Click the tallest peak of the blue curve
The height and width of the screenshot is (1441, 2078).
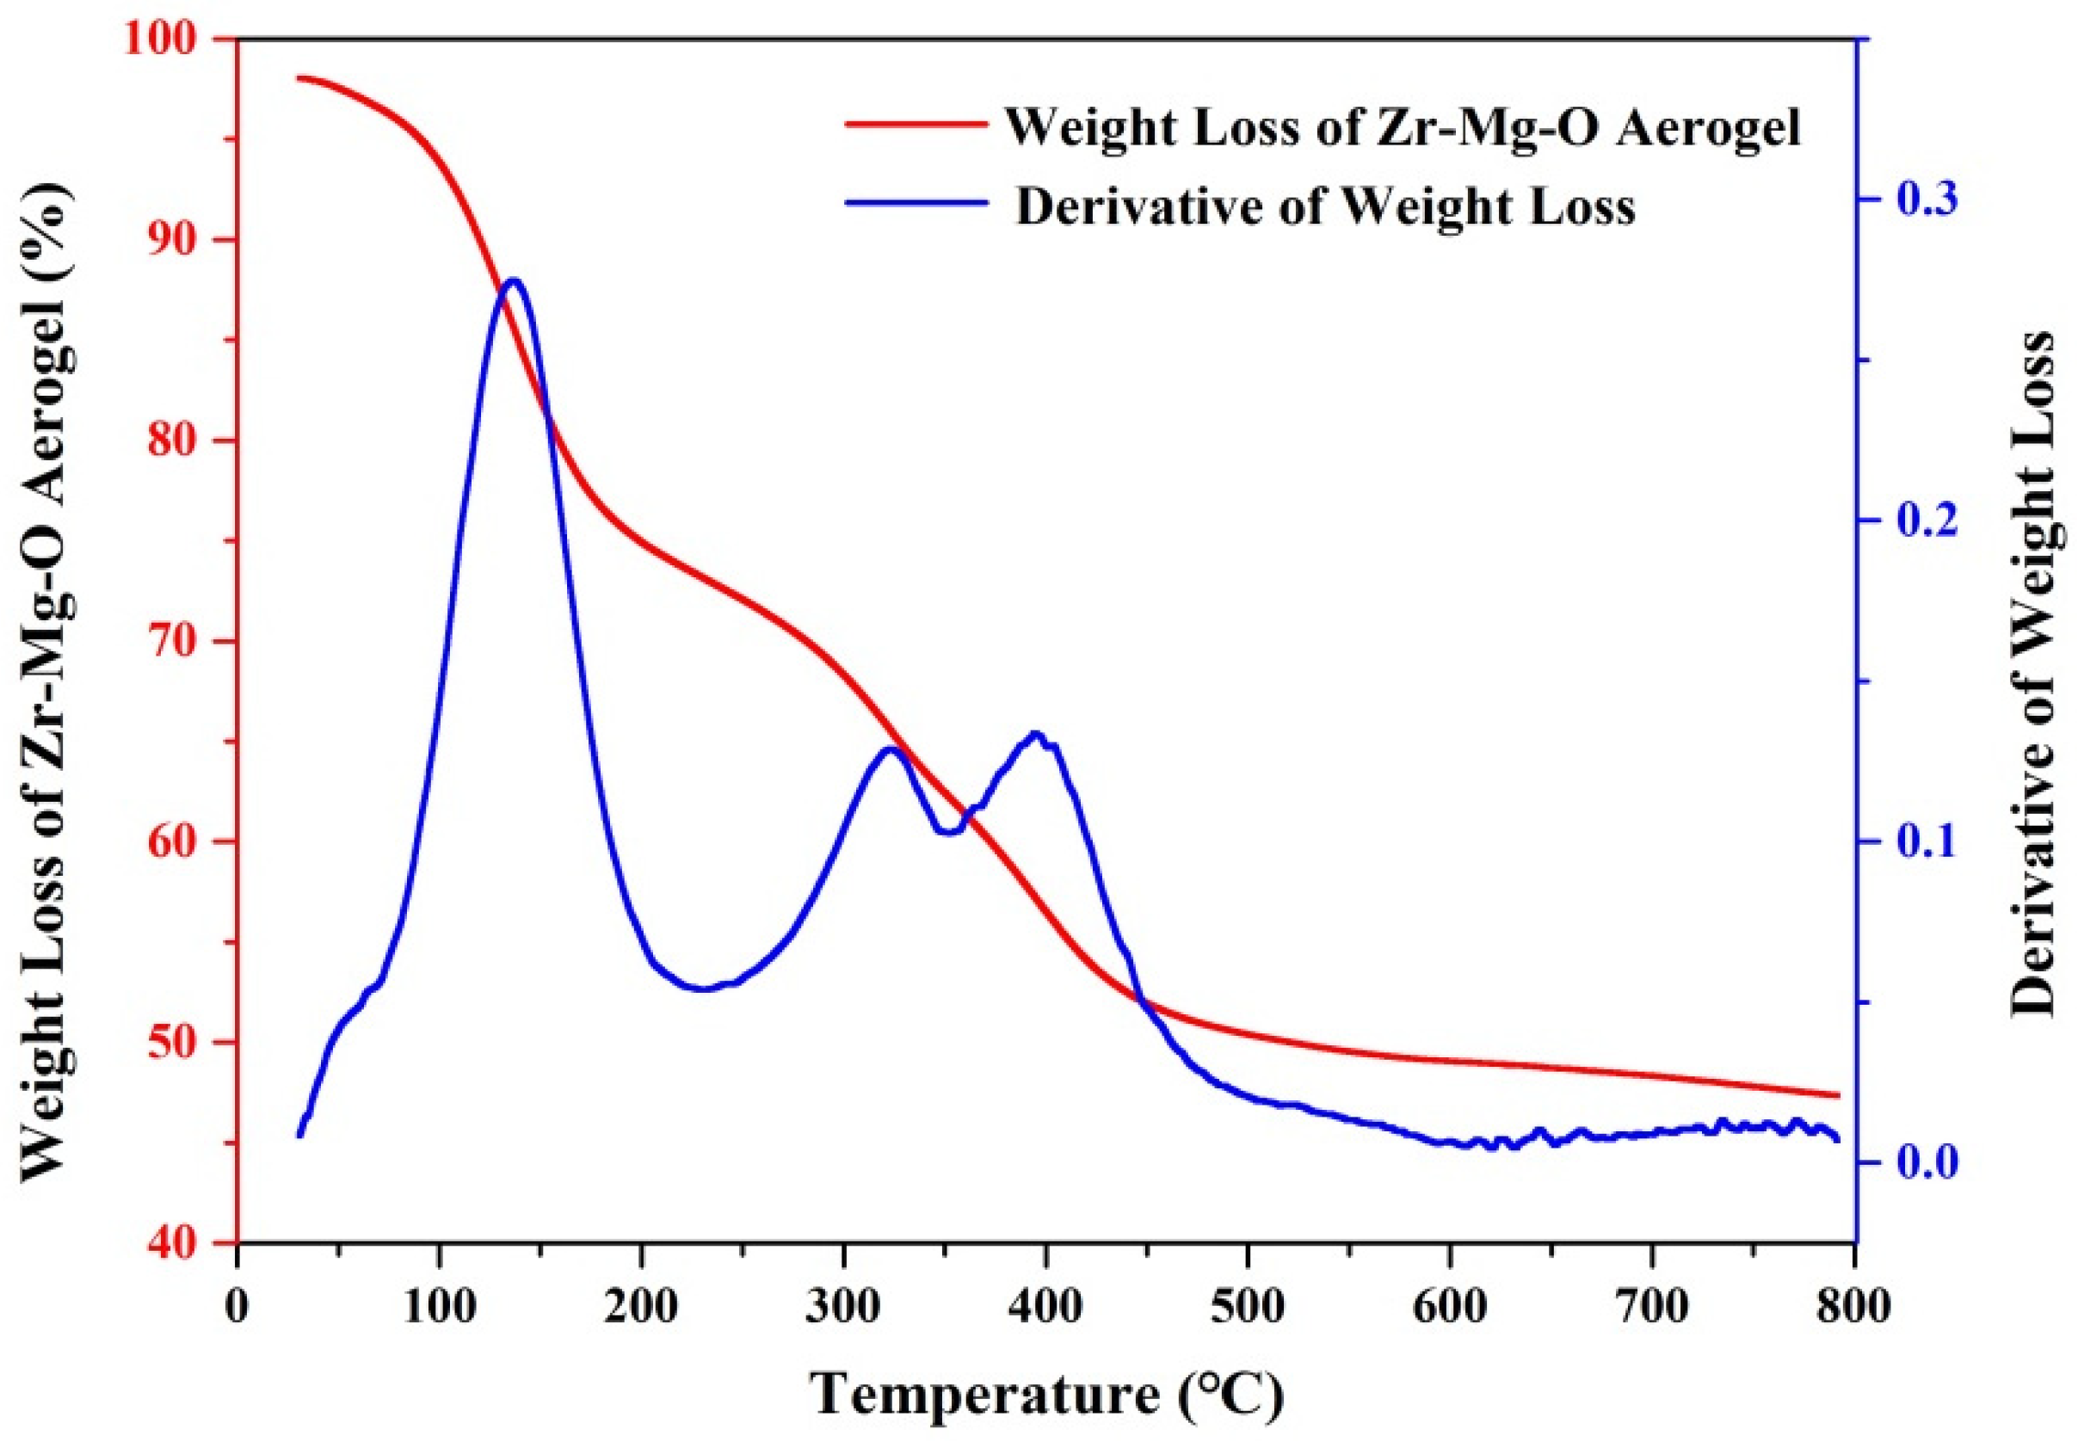514,280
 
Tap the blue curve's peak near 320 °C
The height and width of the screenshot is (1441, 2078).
891,748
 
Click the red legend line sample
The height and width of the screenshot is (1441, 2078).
913,125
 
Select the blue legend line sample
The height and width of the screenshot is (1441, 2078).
913,202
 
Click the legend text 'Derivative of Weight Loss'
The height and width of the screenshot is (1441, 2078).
1325,206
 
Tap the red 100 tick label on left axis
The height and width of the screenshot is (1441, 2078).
177,40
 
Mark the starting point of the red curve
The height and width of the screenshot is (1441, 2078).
299,77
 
